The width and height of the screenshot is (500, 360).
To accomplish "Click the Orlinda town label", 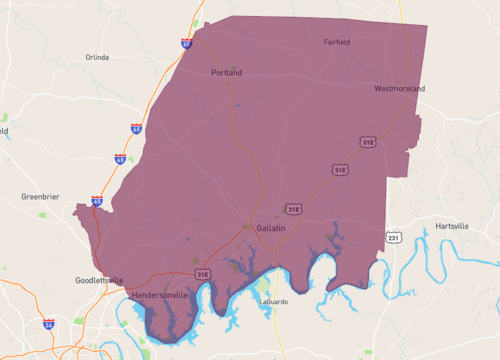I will tap(97, 57).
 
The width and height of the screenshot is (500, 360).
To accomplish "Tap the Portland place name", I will tap(227, 73).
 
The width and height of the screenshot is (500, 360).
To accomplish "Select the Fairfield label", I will tap(338, 42).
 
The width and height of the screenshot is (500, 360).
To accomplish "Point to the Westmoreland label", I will tap(400, 89).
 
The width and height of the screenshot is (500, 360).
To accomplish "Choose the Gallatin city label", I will tap(271, 229).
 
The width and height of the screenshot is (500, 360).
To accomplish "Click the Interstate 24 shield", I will tap(48, 324).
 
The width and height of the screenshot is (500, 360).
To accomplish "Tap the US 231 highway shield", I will tap(393, 238).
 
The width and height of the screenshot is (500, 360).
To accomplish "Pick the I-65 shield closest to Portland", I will tap(186, 44).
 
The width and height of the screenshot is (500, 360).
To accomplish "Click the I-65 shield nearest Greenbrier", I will tap(96, 201).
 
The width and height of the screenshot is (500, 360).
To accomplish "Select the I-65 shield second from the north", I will tap(135, 129).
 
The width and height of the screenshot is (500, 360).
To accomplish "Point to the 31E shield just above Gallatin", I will tap(293, 209).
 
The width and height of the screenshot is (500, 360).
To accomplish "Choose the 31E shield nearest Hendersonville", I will tap(203, 273).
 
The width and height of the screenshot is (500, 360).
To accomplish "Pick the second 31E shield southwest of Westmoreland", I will tap(340, 170).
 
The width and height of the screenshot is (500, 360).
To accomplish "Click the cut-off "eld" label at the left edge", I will tap(4, 130).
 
